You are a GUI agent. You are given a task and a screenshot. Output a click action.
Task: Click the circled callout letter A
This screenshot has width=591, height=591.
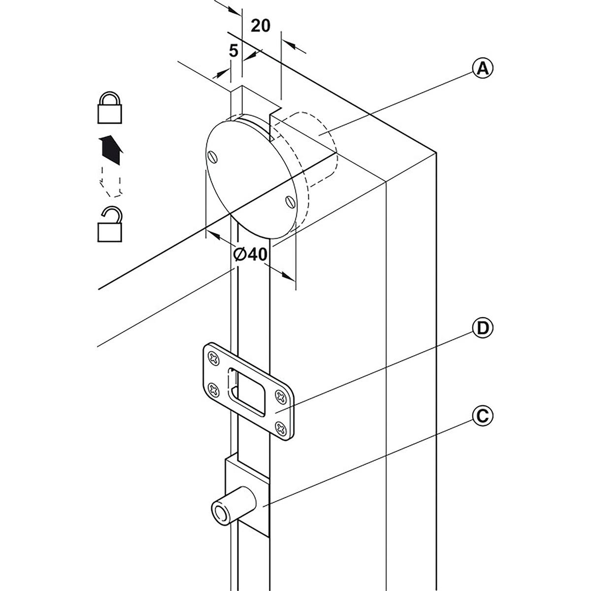(483, 68)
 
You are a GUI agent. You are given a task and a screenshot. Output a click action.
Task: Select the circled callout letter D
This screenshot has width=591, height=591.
(483, 328)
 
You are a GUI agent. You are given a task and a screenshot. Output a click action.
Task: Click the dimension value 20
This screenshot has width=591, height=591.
(261, 26)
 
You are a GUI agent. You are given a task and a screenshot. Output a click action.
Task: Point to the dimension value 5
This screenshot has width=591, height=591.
(234, 50)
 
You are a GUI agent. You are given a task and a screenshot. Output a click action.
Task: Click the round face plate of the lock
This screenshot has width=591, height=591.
(249, 177)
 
